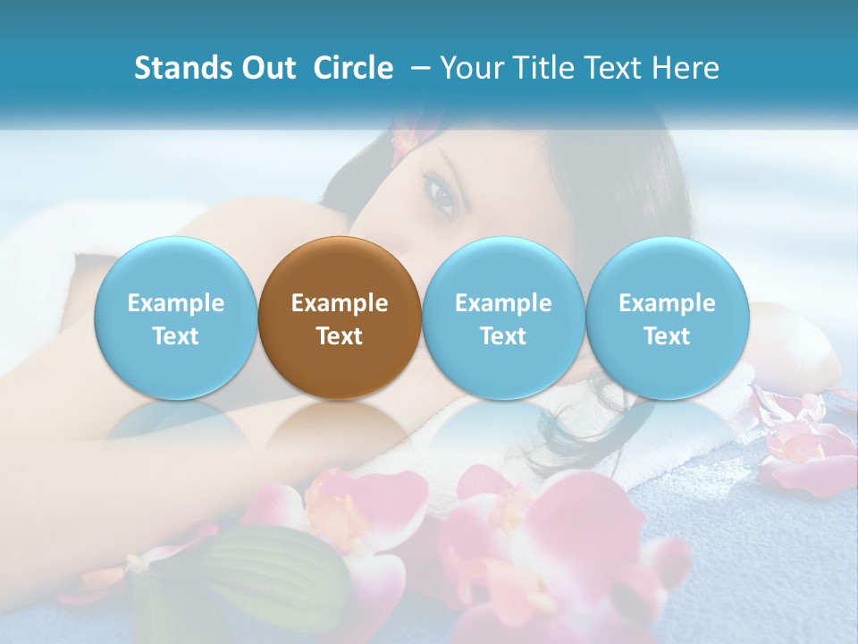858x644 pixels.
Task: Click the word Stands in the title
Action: coord(183,68)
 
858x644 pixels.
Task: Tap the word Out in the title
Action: coord(268,68)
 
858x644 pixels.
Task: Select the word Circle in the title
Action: coord(353,68)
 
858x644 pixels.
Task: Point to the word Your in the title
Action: coord(472,68)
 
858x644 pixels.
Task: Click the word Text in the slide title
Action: coord(617,68)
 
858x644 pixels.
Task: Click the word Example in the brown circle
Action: coord(340,303)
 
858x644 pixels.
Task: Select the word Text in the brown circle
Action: coord(340,336)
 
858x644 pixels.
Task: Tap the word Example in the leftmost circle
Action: coord(175,303)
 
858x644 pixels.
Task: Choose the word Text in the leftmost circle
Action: coord(175,336)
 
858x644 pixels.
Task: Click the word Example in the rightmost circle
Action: coord(667,303)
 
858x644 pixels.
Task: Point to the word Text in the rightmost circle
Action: coord(667,336)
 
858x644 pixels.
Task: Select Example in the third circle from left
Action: coord(503,303)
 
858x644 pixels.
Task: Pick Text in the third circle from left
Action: coord(503,336)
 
